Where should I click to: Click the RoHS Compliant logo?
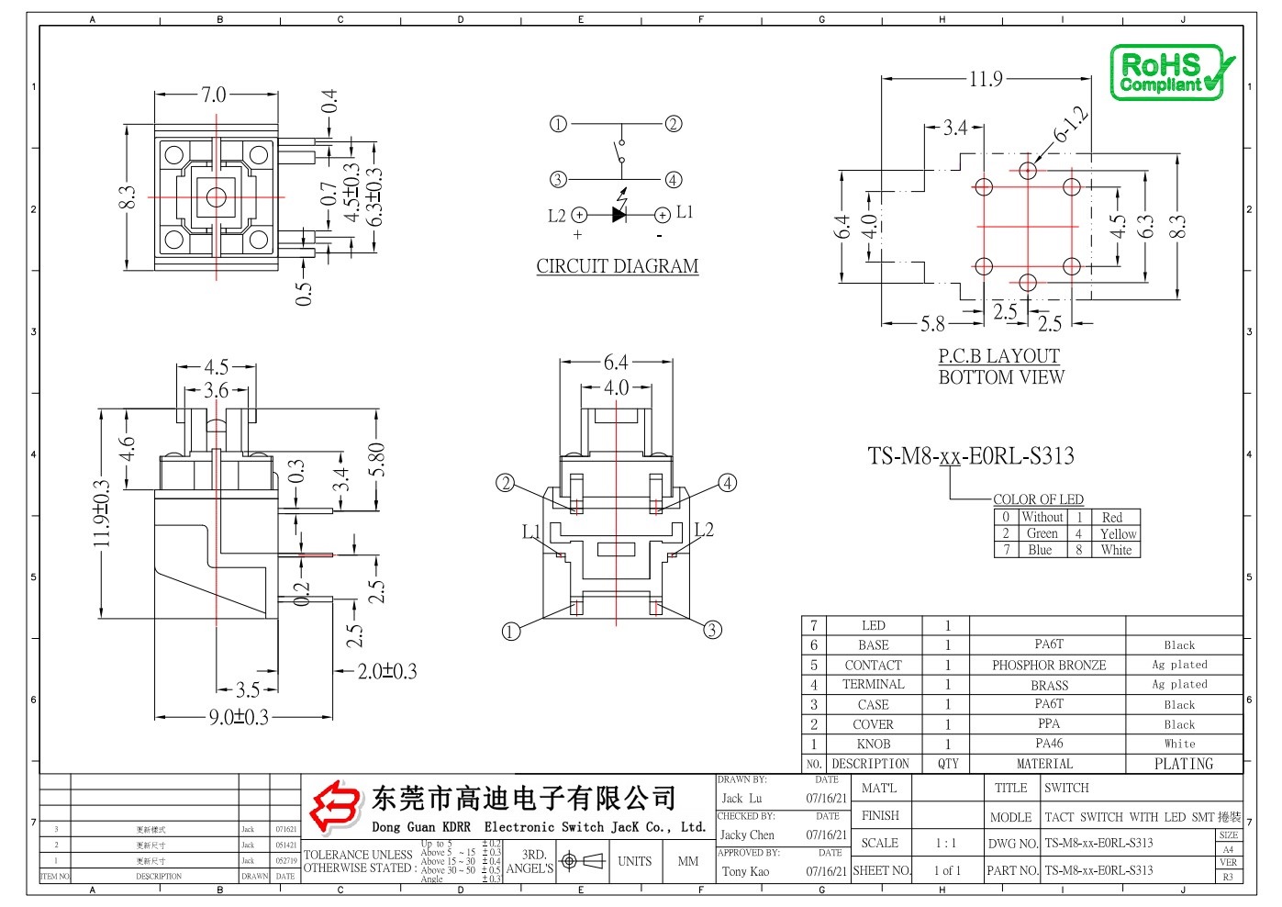click(x=1171, y=73)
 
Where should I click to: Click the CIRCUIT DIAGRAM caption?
click(x=618, y=266)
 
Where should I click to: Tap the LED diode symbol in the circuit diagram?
click(x=619, y=215)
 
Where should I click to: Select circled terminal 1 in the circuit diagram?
click(x=558, y=124)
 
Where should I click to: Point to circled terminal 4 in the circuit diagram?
click(x=674, y=180)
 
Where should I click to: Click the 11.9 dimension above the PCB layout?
click(x=986, y=79)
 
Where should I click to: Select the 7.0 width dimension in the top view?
click(x=213, y=95)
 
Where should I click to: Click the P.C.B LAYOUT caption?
click(x=998, y=356)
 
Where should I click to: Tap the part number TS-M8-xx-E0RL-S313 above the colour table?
click(x=970, y=456)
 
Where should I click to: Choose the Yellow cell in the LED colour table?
click(x=1118, y=533)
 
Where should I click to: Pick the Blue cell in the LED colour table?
click(x=1040, y=550)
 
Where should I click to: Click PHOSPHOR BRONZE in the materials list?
click(x=1048, y=666)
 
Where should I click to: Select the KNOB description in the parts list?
click(x=873, y=744)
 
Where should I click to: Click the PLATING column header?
click(x=1183, y=764)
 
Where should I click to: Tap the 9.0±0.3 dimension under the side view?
click(x=239, y=717)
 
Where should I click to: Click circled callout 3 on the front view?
click(x=712, y=630)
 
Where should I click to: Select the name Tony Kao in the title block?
click(x=745, y=871)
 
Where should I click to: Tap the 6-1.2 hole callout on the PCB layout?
click(x=1070, y=125)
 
